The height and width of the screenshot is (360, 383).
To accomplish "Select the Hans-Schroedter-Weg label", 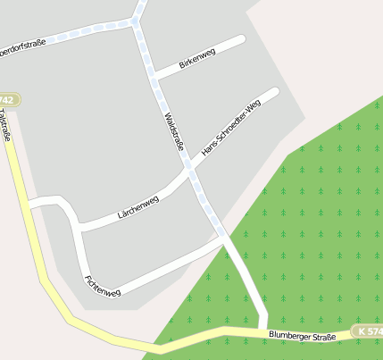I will coord(231,129).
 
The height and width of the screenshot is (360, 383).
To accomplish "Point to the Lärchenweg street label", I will coord(137,207).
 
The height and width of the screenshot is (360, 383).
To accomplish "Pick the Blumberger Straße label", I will coord(302,336).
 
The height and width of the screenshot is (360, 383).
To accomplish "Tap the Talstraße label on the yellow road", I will coord(6,126).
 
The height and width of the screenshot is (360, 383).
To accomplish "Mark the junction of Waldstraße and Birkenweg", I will coord(154,77).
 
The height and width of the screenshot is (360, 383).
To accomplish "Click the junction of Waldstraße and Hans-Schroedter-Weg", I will coord(188,165).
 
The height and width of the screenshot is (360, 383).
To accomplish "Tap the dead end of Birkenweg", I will coord(241,39).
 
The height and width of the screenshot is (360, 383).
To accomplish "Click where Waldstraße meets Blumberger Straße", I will coord(262,330).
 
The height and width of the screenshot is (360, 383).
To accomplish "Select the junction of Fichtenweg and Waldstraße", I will coord(223,238).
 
